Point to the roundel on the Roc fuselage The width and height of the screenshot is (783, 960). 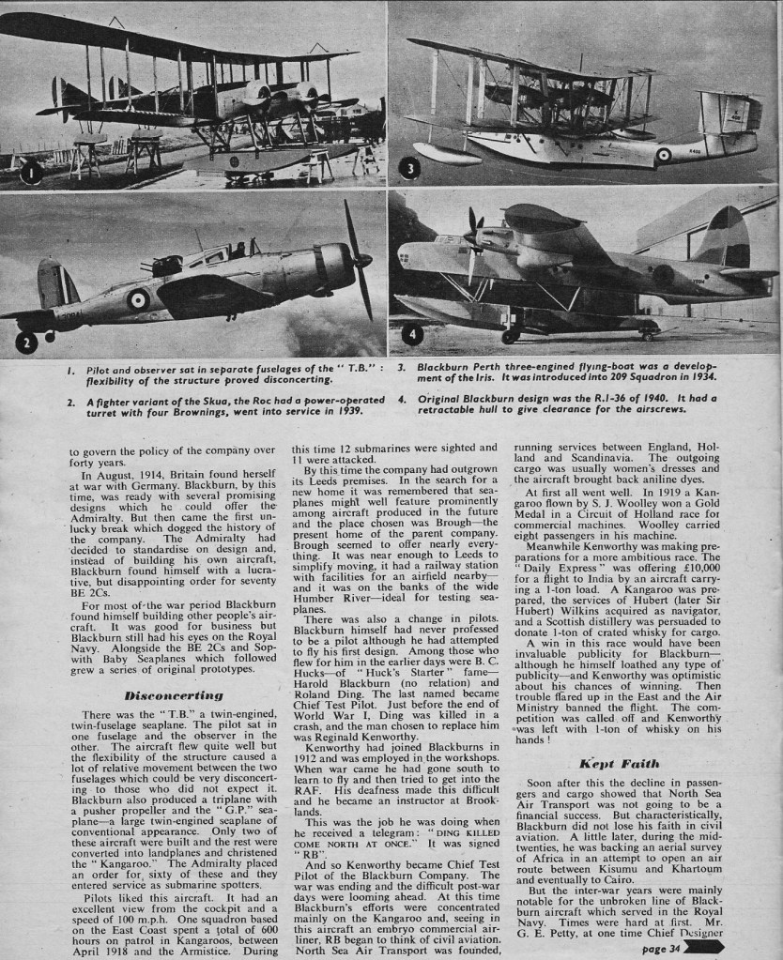(x=138, y=299)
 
